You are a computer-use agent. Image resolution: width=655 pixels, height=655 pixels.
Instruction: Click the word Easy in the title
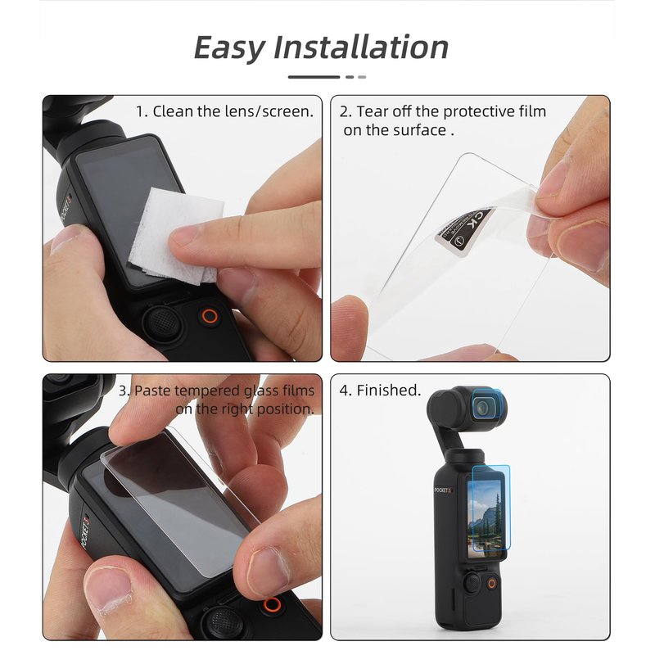pyautogui.click(x=229, y=48)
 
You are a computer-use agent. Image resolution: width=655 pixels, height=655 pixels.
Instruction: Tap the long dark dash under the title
pyautogui.click(x=314, y=77)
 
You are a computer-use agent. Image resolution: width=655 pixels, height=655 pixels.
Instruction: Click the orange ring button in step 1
pyautogui.click(x=210, y=316)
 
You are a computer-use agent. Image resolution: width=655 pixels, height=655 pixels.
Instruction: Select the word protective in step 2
pyautogui.click(x=479, y=112)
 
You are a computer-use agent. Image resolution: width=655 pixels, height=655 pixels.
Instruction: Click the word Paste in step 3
pyautogui.click(x=153, y=391)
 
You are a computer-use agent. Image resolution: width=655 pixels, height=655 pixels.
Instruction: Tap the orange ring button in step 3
pyautogui.click(x=272, y=604)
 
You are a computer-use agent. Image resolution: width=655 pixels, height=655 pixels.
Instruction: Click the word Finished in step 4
pyautogui.click(x=388, y=391)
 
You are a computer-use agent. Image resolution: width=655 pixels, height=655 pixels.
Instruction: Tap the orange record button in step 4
pyautogui.click(x=492, y=583)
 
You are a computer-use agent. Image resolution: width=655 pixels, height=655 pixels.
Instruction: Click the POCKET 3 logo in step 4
pyautogui.click(x=443, y=490)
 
